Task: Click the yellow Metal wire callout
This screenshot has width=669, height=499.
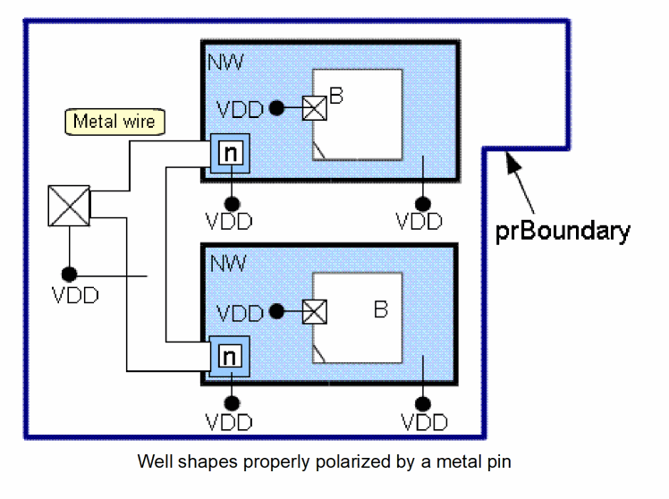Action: tap(114, 122)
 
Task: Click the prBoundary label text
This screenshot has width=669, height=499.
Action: tap(563, 231)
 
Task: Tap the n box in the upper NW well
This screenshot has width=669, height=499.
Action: tap(231, 153)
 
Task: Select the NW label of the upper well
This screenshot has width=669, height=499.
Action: tap(224, 62)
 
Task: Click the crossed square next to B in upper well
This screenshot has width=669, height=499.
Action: tap(315, 108)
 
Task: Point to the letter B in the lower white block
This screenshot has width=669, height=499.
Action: tap(380, 310)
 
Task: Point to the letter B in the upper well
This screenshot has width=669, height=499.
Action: tap(336, 96)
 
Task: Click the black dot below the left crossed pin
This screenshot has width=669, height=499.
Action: tap(69, 274)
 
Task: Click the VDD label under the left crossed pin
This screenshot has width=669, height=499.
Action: tap(75, 295)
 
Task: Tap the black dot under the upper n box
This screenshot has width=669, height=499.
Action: tap(231, 201)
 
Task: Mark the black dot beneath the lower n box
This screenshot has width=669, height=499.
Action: tap(231, 403)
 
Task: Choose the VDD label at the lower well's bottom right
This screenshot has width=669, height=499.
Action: tap(424, 422)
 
